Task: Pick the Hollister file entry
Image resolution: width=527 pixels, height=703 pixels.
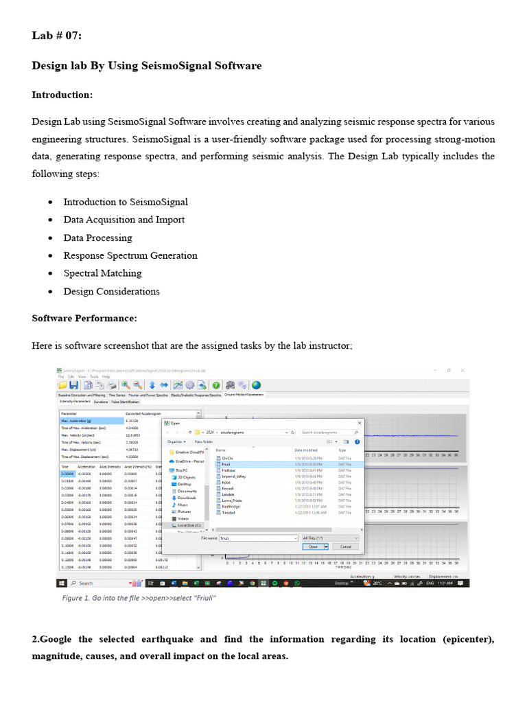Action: [229, 470]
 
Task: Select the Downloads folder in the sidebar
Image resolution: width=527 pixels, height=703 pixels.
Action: [187, 498]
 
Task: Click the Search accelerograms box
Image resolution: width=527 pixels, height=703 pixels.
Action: [326, 433]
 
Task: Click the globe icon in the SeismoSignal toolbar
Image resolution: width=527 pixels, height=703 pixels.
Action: [256, 385]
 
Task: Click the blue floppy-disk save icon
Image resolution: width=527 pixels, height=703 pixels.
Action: [73, 385]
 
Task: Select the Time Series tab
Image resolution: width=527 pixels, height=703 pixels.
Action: [116, 395]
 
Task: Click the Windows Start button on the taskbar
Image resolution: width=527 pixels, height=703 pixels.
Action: [62, 583]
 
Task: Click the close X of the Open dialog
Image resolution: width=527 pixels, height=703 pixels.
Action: [360, 423]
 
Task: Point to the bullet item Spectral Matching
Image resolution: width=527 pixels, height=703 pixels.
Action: [102, 273]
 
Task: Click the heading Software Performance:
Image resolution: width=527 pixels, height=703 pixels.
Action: [84, 319]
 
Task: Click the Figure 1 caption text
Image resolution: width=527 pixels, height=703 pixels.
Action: [139, 598]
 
